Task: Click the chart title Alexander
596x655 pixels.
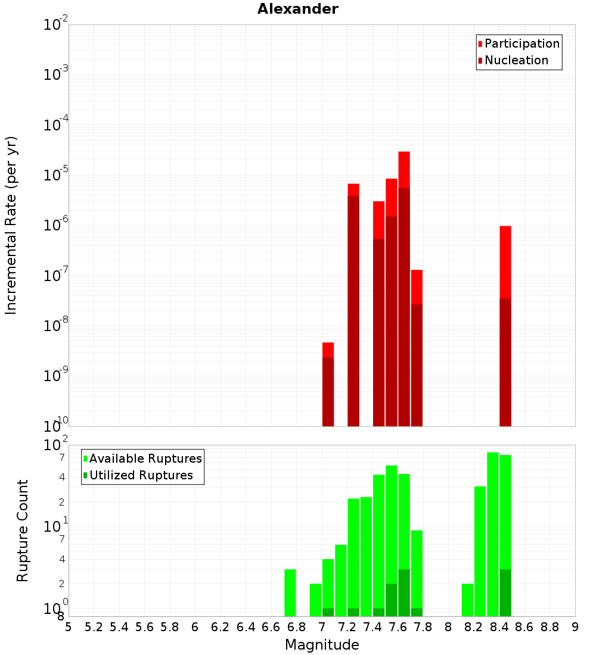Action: pos(297,9)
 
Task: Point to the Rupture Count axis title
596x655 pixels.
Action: pos(23,530)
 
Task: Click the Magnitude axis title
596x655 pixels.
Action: pos(322,645)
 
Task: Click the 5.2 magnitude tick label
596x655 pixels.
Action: pos(94,627)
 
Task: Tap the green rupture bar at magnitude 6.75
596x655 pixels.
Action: pos(290,592)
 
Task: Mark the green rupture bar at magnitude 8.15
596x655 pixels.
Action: pos(467,600)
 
